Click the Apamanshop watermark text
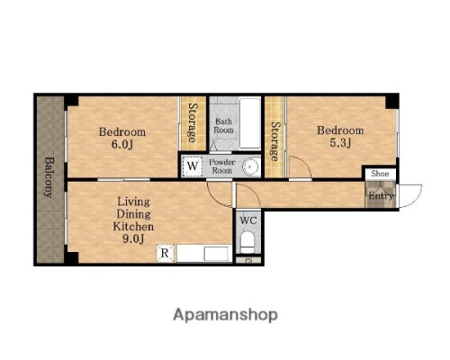[x=225, y=315]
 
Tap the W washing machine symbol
[x=192, y=166]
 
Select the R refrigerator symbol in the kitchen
[x=165, y=253]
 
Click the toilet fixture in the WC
[x=247, y=242]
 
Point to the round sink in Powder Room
[x=250, y=166]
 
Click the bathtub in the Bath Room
[x=250, y=122]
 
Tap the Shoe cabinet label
[x=380, y=174]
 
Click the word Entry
[x=381, y=196]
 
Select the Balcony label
[x=48, y=177]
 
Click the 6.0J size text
[x=122, y=145]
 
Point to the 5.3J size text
[x=340, y=143]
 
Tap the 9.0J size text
[x=133, y=238]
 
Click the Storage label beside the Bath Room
[x=193, y=122]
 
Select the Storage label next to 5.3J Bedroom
[x=274, y=141]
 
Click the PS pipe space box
[x=248, y=260]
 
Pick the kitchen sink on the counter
[x=216, y=254]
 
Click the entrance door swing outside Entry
[x=410, y=196]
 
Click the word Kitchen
[x=133, y=226]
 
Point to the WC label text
[x=248, y=220]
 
